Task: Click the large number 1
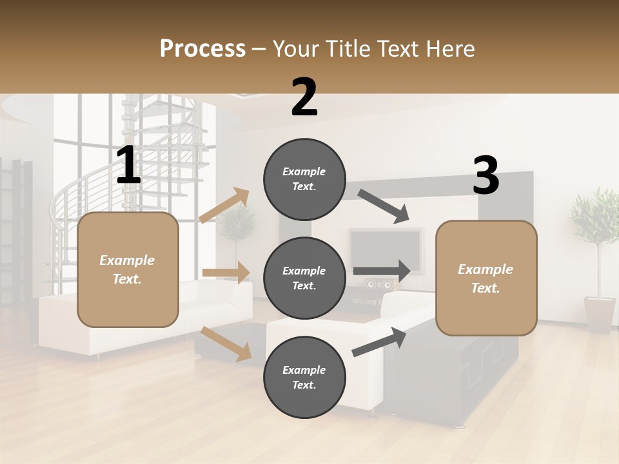[x=128, y=166]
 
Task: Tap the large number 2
[x=304, y=97]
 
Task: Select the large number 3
[x=486, y=176]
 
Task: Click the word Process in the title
[x=202, y=49]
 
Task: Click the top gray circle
[x=304, y=179]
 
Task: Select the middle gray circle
[x=304, y=278]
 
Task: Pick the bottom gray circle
[x=304, y=377]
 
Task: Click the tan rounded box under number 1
[x=128, y=269]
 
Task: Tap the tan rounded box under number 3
[x=486, y=278]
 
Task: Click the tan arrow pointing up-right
[x=225, y=206]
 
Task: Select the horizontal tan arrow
[x=226, y=273]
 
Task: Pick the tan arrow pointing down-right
[x=226, y=343]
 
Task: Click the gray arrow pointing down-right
[x=384, y=206]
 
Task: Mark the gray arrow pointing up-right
[x=380, y=342]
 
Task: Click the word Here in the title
[x=451, y=49]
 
